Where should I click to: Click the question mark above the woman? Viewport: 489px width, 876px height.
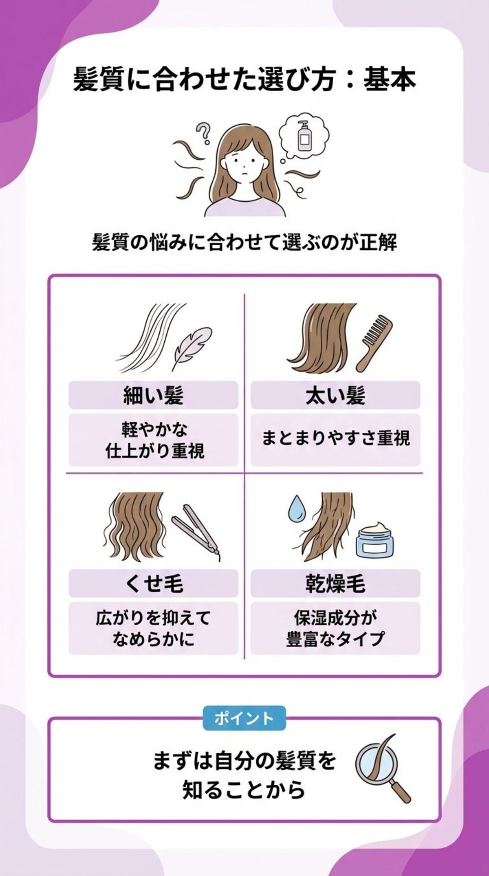click(203, 133)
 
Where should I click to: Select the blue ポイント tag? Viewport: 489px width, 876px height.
click(244, 718)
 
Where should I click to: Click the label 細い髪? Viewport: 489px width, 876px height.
click(153, 395)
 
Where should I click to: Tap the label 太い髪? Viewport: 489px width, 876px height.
click(335, 395)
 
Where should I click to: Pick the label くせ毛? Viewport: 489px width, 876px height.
click(153, 583)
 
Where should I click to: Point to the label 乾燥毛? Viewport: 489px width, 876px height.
click(335, 583)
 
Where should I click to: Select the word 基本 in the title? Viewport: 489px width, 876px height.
click(390, 79)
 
